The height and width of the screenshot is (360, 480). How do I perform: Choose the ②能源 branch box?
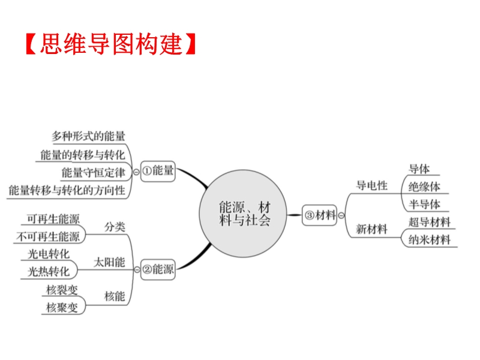click(159, 269)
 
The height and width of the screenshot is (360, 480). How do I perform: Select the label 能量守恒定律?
click(93, 173)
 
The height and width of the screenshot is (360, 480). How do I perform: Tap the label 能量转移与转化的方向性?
click(67, 191)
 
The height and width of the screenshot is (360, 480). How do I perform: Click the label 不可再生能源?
click(48, 236)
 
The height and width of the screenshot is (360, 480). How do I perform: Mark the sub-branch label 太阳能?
click(110, 262)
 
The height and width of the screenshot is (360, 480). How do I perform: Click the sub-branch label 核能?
click(114, 296)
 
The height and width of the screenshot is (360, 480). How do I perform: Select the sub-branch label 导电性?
click(372, 185)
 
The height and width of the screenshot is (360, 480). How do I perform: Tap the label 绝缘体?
click(424, 187)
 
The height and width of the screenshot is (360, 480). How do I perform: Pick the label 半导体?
click(424, 204)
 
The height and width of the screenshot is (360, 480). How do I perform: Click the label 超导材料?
click(429, 222)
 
